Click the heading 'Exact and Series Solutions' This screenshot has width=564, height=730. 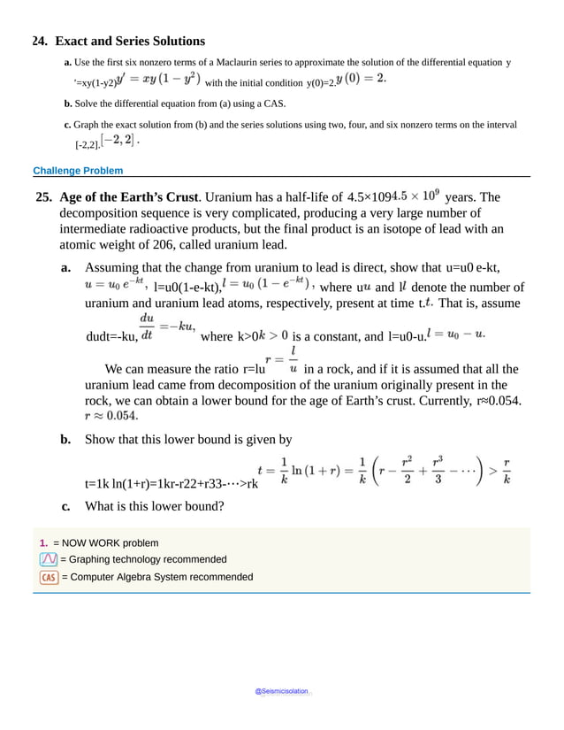click(130, 41)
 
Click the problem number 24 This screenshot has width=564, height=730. click(40, 41)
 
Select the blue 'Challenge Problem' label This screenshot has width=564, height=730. click(78, 170)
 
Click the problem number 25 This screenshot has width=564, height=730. click(43, 196)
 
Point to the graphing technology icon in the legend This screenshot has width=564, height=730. click(49, 559)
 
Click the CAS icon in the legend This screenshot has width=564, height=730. click(49, 577)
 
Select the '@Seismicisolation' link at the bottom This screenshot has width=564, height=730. click(281, 692)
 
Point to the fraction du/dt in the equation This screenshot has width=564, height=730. click(146, 327)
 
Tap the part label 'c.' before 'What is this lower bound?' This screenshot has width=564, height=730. click(66, 507)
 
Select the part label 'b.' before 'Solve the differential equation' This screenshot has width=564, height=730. click(69, 104)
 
